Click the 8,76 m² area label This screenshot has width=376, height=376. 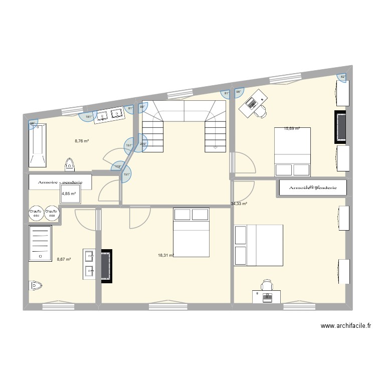coord(82,141)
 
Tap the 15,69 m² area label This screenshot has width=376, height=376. coord(292,129)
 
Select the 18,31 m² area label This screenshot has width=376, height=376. coord(165,255)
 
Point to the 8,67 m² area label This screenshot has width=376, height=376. coord(64,259)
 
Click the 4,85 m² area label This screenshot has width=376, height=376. coord(69,194)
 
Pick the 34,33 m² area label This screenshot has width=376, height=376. coord(239,204)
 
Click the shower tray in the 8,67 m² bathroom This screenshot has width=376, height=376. coord(40,243)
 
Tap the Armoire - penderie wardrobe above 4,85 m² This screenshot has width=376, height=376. coord(60,181)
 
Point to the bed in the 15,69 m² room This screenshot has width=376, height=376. coord(292,151)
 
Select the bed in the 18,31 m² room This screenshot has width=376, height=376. coord(191,233)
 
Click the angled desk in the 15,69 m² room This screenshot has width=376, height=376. coord(252,102)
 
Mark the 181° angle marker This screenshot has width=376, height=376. coord(88,117)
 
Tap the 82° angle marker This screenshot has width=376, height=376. coord(343,77)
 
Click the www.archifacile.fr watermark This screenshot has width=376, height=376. coord(346,326)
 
